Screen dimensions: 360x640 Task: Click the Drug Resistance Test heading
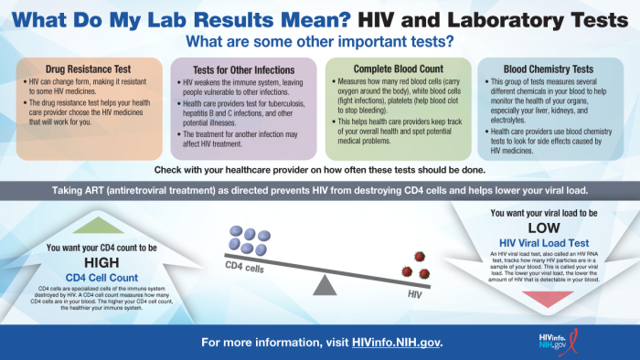click(x=82, y=69)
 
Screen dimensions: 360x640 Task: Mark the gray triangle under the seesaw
click(x=324, y=285)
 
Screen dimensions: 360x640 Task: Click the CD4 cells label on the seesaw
click(x=245, y=267)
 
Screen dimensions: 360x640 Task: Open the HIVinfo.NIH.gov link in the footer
click(x=397, y=342)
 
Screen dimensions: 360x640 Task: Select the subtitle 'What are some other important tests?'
click(x=319, y=41)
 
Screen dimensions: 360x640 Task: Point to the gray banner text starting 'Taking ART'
click(x=319, y=191)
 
